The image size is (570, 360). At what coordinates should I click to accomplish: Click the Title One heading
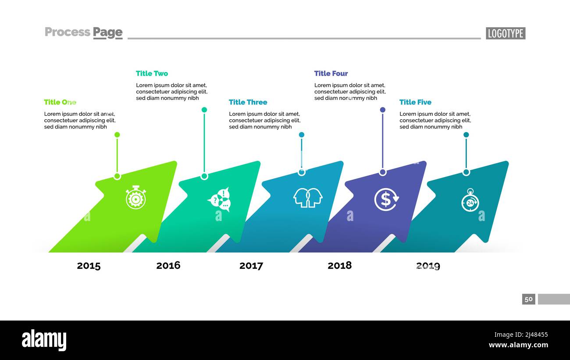60,102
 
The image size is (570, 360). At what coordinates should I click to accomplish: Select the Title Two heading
152,73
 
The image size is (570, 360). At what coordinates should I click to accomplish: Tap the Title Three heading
248,102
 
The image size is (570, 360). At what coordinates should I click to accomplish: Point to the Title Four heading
331,73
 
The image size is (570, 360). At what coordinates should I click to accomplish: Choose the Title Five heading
415,102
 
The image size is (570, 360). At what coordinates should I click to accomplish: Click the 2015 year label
89,266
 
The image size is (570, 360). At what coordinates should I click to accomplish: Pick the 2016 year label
168,265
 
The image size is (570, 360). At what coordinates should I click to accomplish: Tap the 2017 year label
251,266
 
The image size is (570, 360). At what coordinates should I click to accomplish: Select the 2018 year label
339,265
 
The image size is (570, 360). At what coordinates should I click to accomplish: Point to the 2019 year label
428,266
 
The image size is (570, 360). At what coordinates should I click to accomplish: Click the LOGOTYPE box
506,33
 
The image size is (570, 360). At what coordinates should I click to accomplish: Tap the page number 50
528,299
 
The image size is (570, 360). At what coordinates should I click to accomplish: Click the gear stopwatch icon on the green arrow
135,197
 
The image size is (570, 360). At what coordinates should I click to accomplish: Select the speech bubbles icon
219,200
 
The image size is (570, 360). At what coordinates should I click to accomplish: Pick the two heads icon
308,198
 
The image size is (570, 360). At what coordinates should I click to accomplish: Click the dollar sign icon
386,200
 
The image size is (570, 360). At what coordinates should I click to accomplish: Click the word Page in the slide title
107,32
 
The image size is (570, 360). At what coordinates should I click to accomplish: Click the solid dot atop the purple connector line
382,110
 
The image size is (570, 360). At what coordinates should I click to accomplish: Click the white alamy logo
44,340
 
